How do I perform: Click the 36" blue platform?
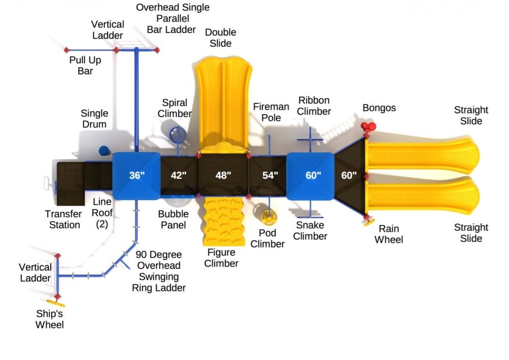tap(136, 176)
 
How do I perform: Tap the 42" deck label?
tap(179, 176)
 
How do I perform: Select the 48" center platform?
tap(223, 176)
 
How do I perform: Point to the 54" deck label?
tap(270, 176)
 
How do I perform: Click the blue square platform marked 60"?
tap(313, 176)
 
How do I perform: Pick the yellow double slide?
tap(223, 102)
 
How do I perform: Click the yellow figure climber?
tap(222, 221)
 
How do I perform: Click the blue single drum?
tap(104, 150)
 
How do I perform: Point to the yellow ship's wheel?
tap(58, 303)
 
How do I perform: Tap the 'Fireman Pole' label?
tap(271, 112)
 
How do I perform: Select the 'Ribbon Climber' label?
tap(314, 106)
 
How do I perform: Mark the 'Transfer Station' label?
tap(63, 219)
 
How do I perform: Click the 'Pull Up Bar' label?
tap(85, 65)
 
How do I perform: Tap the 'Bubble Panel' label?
tap(173, 219)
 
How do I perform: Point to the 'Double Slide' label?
tap(220, 38)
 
